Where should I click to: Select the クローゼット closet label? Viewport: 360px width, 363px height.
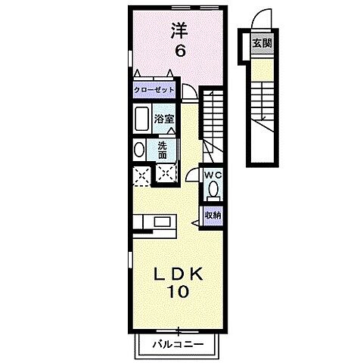pos(154,90)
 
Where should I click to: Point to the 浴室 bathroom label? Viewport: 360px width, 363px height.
pos(164,118)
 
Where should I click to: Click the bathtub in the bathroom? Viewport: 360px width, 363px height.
pos(141,119)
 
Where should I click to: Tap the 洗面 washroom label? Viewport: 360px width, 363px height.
pos(163,149)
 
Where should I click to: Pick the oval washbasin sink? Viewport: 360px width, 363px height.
pos(138,149)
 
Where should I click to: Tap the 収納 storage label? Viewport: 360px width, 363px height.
pos(213,216)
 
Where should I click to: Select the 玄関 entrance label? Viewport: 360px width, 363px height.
pos(262,42)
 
